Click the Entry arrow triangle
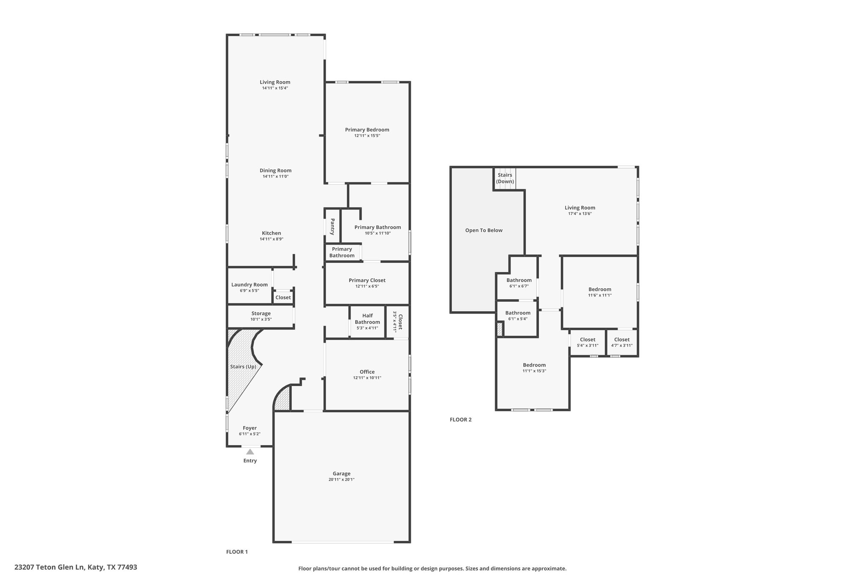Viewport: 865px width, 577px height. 250,452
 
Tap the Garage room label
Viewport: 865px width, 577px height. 341,473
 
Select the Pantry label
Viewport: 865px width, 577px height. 332,227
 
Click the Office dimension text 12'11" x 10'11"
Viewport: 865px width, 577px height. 367,378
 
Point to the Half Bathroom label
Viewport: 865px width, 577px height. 367,319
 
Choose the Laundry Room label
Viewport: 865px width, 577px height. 250,284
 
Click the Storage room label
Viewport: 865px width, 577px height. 261,313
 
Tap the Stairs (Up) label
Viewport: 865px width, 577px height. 243,366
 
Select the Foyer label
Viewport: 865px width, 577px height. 250,428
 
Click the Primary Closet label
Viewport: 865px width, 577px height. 367,280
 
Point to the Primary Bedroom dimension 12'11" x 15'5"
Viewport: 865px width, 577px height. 367,136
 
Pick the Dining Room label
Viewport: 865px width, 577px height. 275,170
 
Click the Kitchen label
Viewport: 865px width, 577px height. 272,233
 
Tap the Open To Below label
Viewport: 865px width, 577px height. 484,230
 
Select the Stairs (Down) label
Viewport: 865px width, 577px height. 505,178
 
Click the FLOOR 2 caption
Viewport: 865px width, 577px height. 461,420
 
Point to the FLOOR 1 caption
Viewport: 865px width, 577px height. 237,552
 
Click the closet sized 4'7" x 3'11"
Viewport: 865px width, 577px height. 622,342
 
